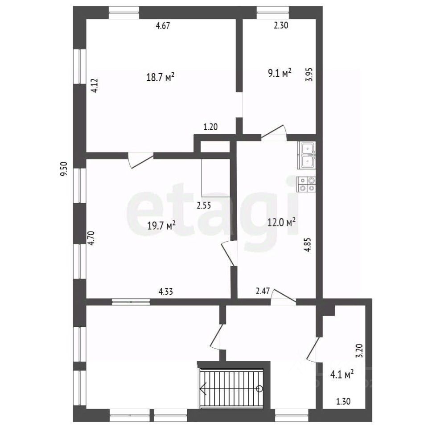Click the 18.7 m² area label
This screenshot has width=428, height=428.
(x=160, y=77)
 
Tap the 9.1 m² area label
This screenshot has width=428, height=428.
(x=280, y=73)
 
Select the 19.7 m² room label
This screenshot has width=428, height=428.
(x=161, y=226)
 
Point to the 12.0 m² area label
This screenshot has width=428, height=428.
(x=281, y=222)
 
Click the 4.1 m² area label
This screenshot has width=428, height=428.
(x=342, y=374)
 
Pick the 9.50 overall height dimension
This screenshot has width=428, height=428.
(x=64, y=169)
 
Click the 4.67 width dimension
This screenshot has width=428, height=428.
(x=163, y=26)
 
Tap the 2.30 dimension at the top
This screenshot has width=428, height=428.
(x=281, y=25)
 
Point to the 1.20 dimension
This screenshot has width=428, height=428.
(x=210, y=127)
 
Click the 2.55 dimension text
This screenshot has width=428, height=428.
(x=204, y=205)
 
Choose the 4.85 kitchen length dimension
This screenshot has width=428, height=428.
(x=308, y=245)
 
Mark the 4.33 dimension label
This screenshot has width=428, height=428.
(x=166, y=292)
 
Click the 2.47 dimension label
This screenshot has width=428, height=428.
(x=263, y=291)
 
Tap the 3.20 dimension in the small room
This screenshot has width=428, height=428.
(x=360, y=350)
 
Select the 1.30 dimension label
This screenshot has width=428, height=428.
(x=343, y=402)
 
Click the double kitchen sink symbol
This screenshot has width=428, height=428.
(x=306, y=155)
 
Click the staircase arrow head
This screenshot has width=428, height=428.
(x=202, y=388)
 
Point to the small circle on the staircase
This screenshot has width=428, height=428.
(x=259, y=388)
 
